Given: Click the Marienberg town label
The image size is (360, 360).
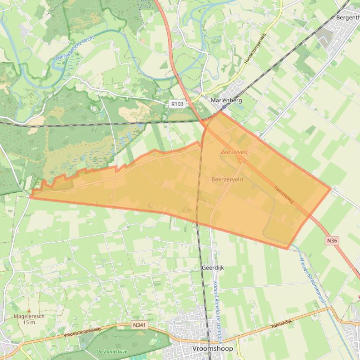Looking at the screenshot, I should [x=226, y=100].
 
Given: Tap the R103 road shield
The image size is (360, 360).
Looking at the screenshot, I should [x=177, y=104].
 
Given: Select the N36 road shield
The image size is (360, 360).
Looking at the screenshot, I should [x=332, y=240].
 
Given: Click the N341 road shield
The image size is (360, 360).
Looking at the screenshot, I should [x=139, y=324].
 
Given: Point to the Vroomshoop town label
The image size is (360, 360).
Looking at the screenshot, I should [x=213, y=349].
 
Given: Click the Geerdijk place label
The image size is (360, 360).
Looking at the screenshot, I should [x=213, y=268].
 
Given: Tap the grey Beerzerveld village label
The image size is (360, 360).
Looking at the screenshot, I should [x=227, y=179].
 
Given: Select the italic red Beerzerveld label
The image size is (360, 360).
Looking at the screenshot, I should [x=234, y=152].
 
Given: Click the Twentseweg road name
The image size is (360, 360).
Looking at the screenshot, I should [x=284, y=194].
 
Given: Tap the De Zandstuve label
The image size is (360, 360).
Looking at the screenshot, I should [x=112, y=351].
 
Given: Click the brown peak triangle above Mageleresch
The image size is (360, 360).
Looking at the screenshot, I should [x=29, y=310].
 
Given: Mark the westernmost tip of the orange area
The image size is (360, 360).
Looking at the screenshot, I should [x=30, y=197].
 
